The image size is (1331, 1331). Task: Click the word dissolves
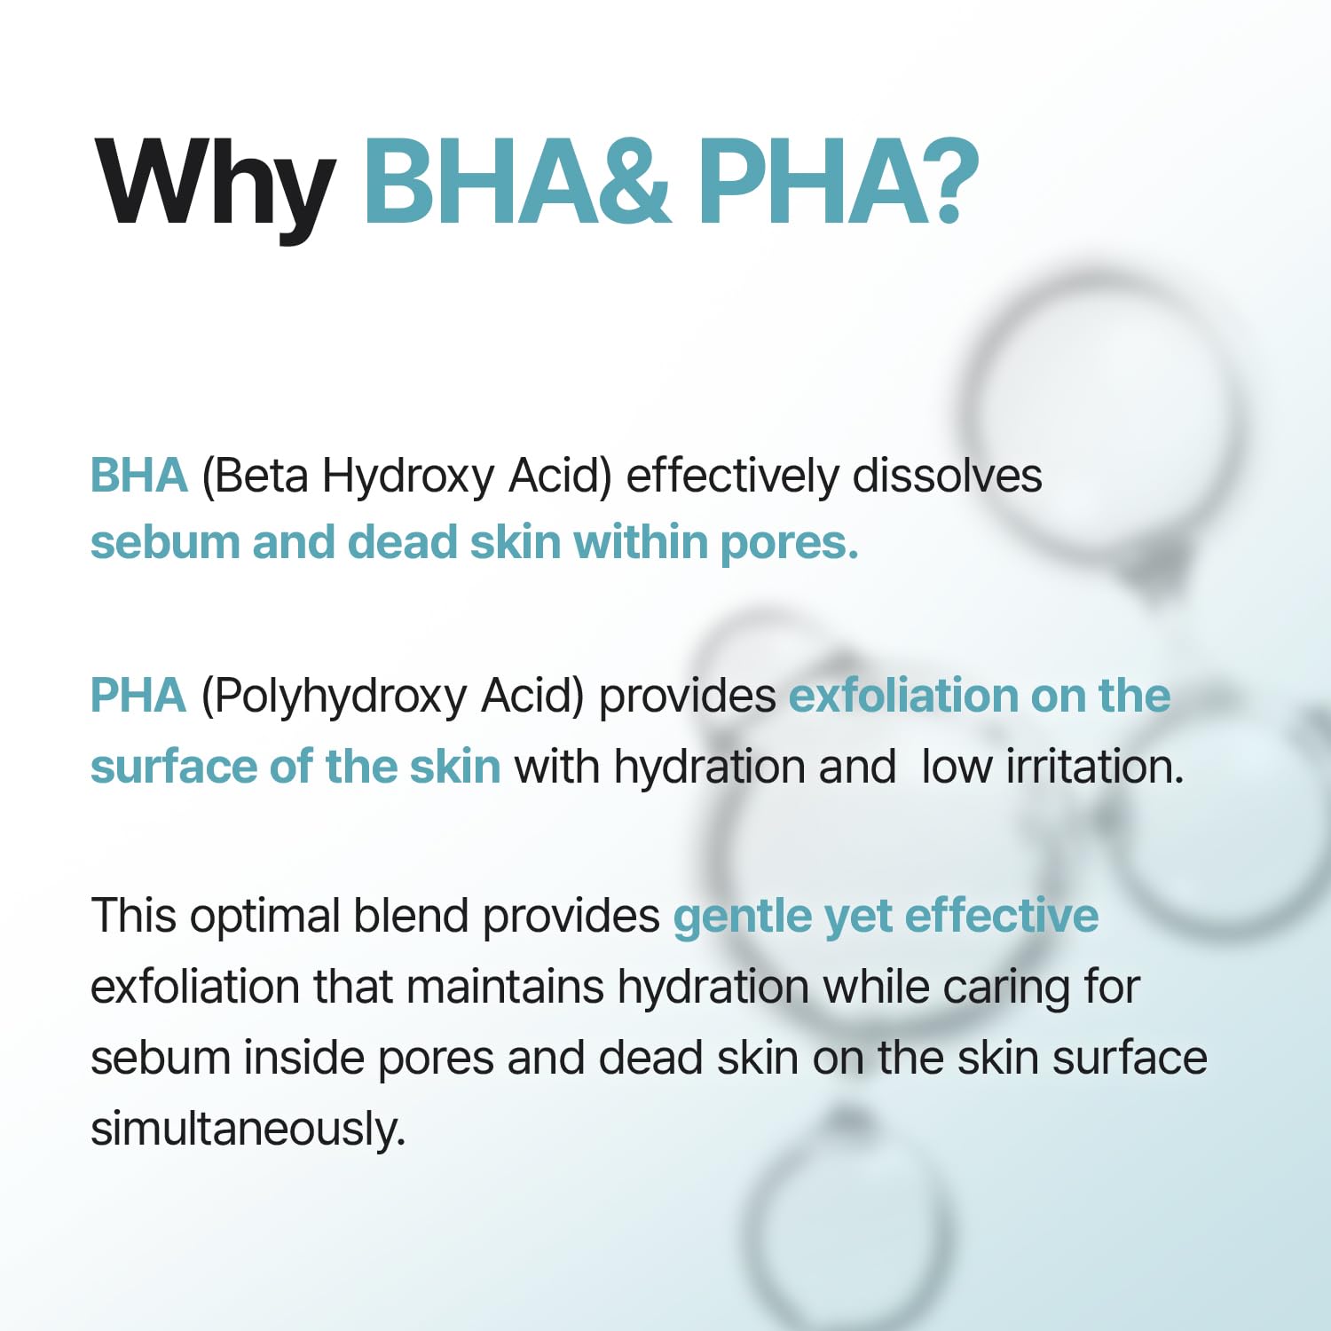click(947, 476)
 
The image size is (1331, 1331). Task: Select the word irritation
click(1095, 767)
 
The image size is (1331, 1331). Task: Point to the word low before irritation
click(957, 767)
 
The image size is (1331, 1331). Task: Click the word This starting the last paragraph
click(134, 916)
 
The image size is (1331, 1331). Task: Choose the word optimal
click(265, 918)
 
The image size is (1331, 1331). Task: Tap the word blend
click(411, 916)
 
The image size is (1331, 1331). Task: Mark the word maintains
click(505, 987)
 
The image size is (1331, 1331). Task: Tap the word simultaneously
click(248, 1130)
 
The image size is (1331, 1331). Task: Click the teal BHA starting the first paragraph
click(139, 476)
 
